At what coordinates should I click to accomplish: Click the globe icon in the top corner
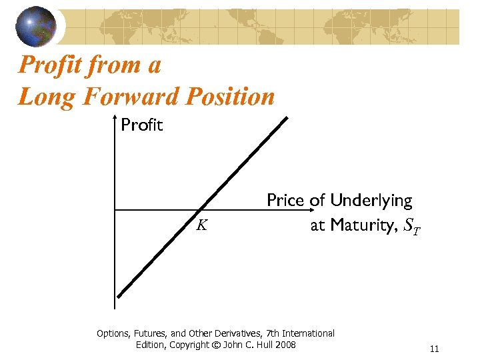[x=37, y=26]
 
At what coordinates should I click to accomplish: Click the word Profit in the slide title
[x=52, y=65]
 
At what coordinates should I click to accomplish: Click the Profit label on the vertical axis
[x=142, y=125]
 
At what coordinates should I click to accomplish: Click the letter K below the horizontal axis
[x=201, y=225]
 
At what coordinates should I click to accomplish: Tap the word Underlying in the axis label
[x=371, y=200]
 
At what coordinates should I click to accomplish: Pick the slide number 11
[x=435, y=349]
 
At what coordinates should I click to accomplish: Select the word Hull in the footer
[x=261, y=345]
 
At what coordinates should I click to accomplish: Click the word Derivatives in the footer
[x=237, y=333]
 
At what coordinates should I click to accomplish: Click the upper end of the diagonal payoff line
[x=287, y=119]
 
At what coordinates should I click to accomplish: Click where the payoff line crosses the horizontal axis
[x=201, y=210]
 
